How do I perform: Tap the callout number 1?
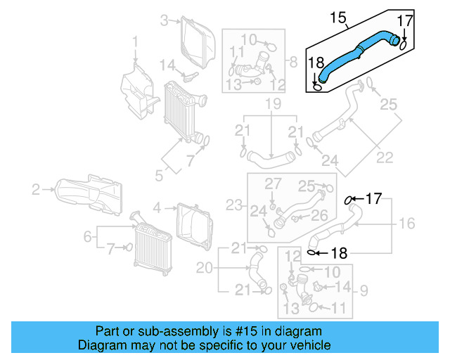[136, 47]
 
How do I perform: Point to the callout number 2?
[35, 188]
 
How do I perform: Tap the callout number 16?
[407, 224]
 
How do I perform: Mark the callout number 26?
[319, 215]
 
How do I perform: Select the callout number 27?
[272, 184]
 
